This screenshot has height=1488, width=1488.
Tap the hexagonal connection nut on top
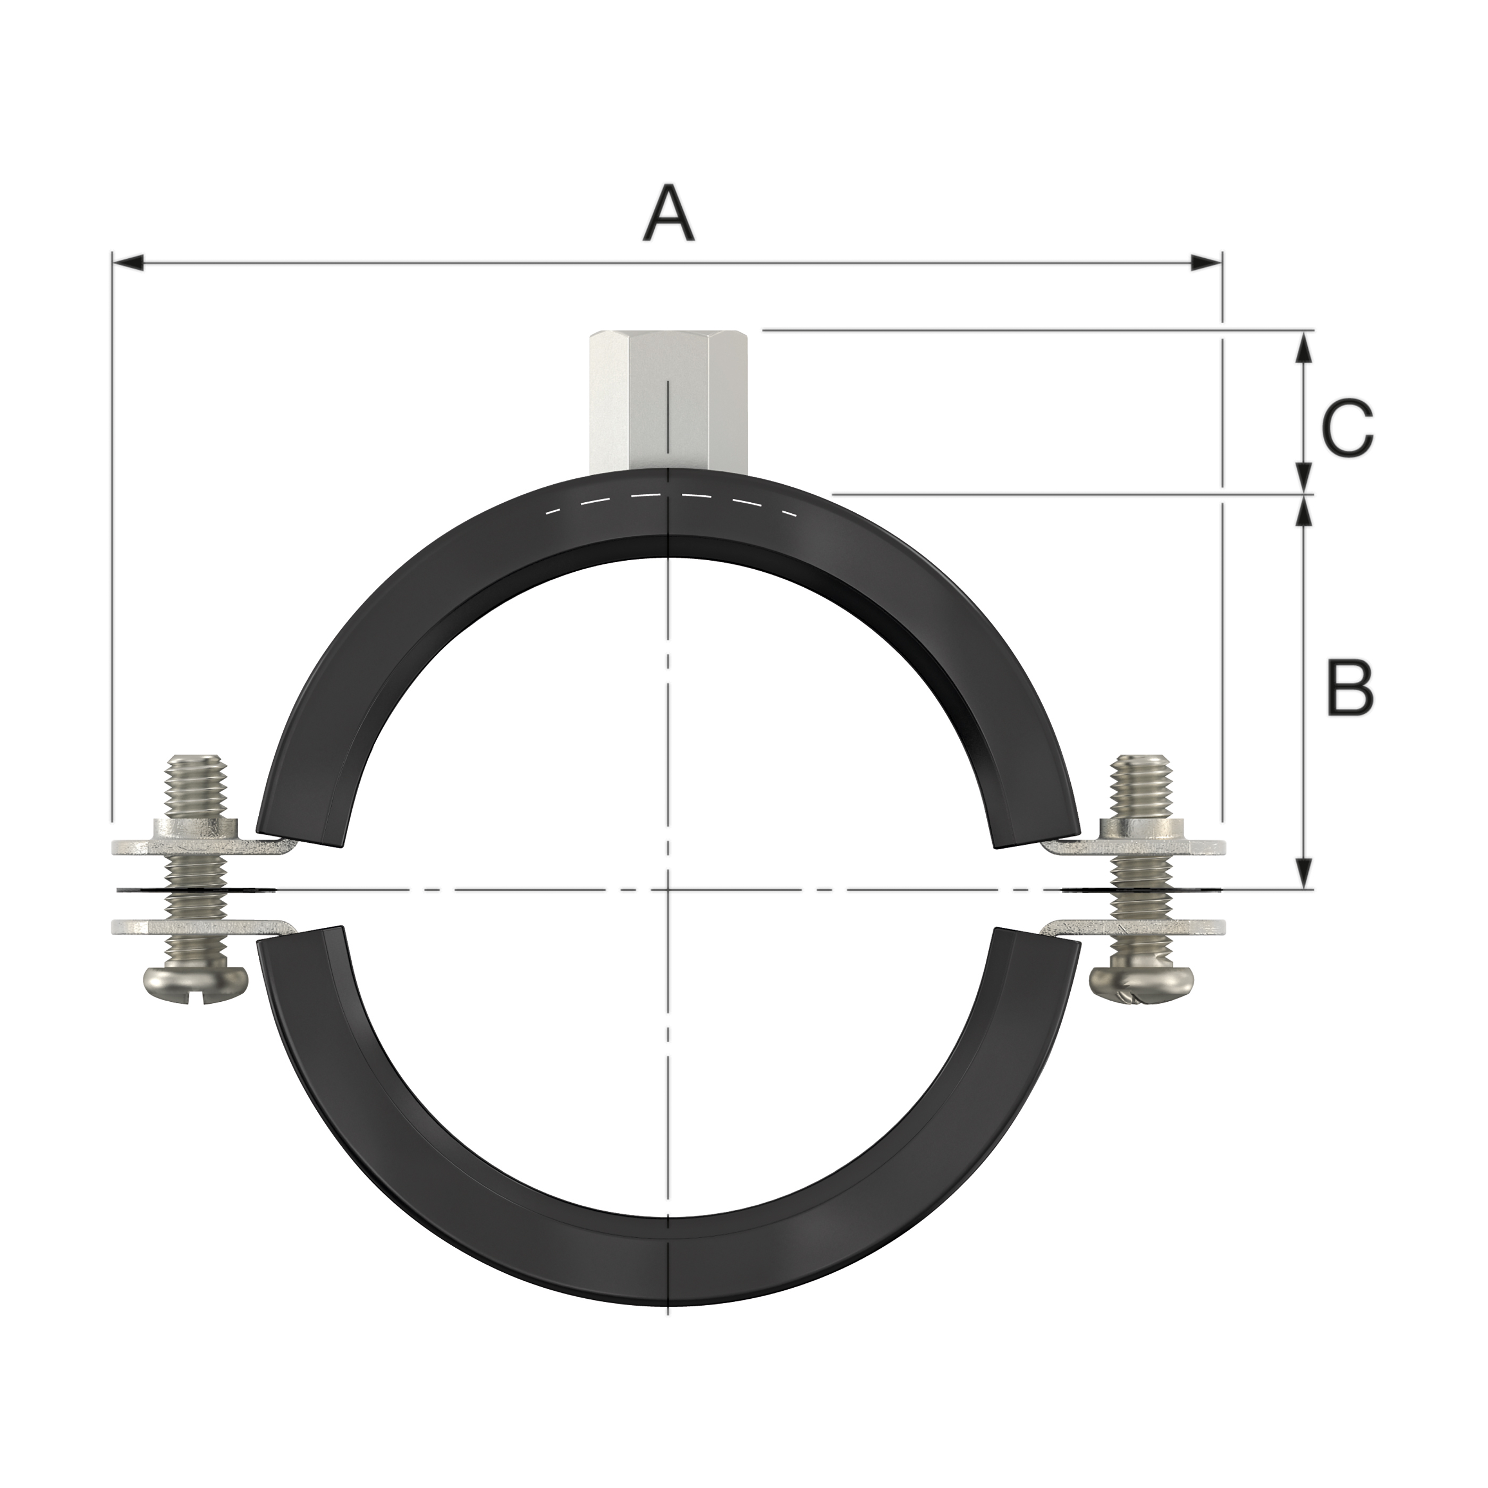[669, 403]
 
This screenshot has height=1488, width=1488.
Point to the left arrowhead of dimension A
[127, 264]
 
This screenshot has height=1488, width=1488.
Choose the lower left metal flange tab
[204, 926]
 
